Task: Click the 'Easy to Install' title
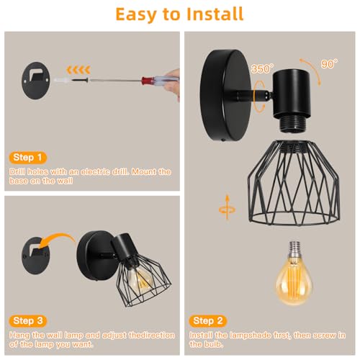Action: pos(180,14)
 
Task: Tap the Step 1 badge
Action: pos(29,156)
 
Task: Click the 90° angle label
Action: pos(329,64)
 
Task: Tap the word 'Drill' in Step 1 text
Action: pos(17,173)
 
